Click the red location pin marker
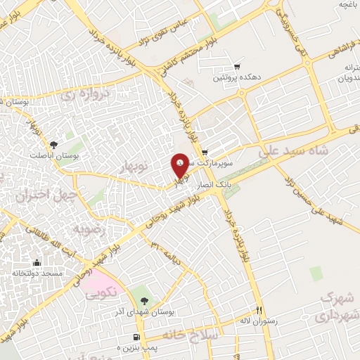tap(180, 166)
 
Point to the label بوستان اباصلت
tap(54, 155)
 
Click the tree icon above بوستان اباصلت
tap(54, 144)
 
